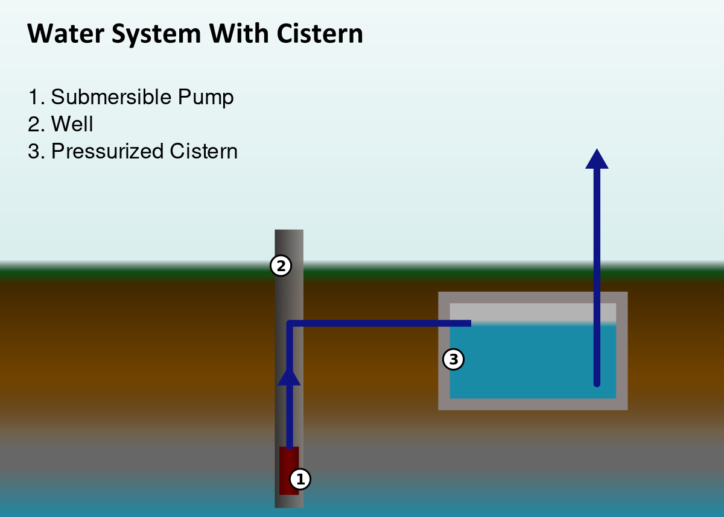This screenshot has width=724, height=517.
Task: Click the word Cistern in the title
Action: [x=320, y=34]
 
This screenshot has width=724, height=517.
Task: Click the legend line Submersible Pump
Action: [x=131, y=97]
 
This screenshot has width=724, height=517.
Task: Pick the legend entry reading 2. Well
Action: [x=60, y=124]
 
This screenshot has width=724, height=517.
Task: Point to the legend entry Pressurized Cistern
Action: [x=133, y=151]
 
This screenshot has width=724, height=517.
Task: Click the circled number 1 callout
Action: [x=300, y=479]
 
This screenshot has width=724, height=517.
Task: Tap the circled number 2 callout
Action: [x=281, y=266]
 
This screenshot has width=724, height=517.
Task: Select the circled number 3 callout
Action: [x=453, y=360]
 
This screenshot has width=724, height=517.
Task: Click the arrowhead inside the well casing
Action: [x=289, y=377]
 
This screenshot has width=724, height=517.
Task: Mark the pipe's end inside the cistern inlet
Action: [x=468, y=324]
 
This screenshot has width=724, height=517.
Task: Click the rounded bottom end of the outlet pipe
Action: [x=597, y=383]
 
